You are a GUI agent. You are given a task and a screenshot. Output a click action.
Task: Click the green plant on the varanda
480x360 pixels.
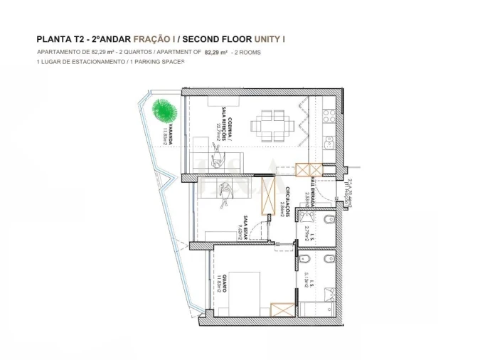coord(163,110)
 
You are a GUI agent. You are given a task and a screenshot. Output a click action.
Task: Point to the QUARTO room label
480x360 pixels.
coord(221,282)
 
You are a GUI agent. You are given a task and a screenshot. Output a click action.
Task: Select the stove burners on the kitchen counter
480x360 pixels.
coord(329,116)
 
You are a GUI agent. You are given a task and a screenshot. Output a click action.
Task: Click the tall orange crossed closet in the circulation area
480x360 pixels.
coord(268,196)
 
